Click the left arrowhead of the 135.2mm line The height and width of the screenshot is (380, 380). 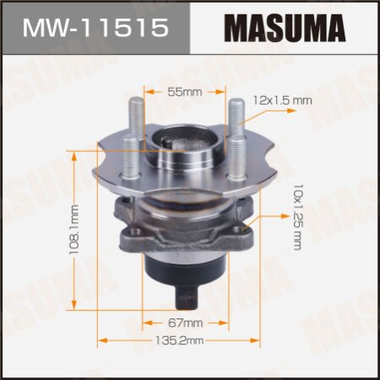pos(100,340)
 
